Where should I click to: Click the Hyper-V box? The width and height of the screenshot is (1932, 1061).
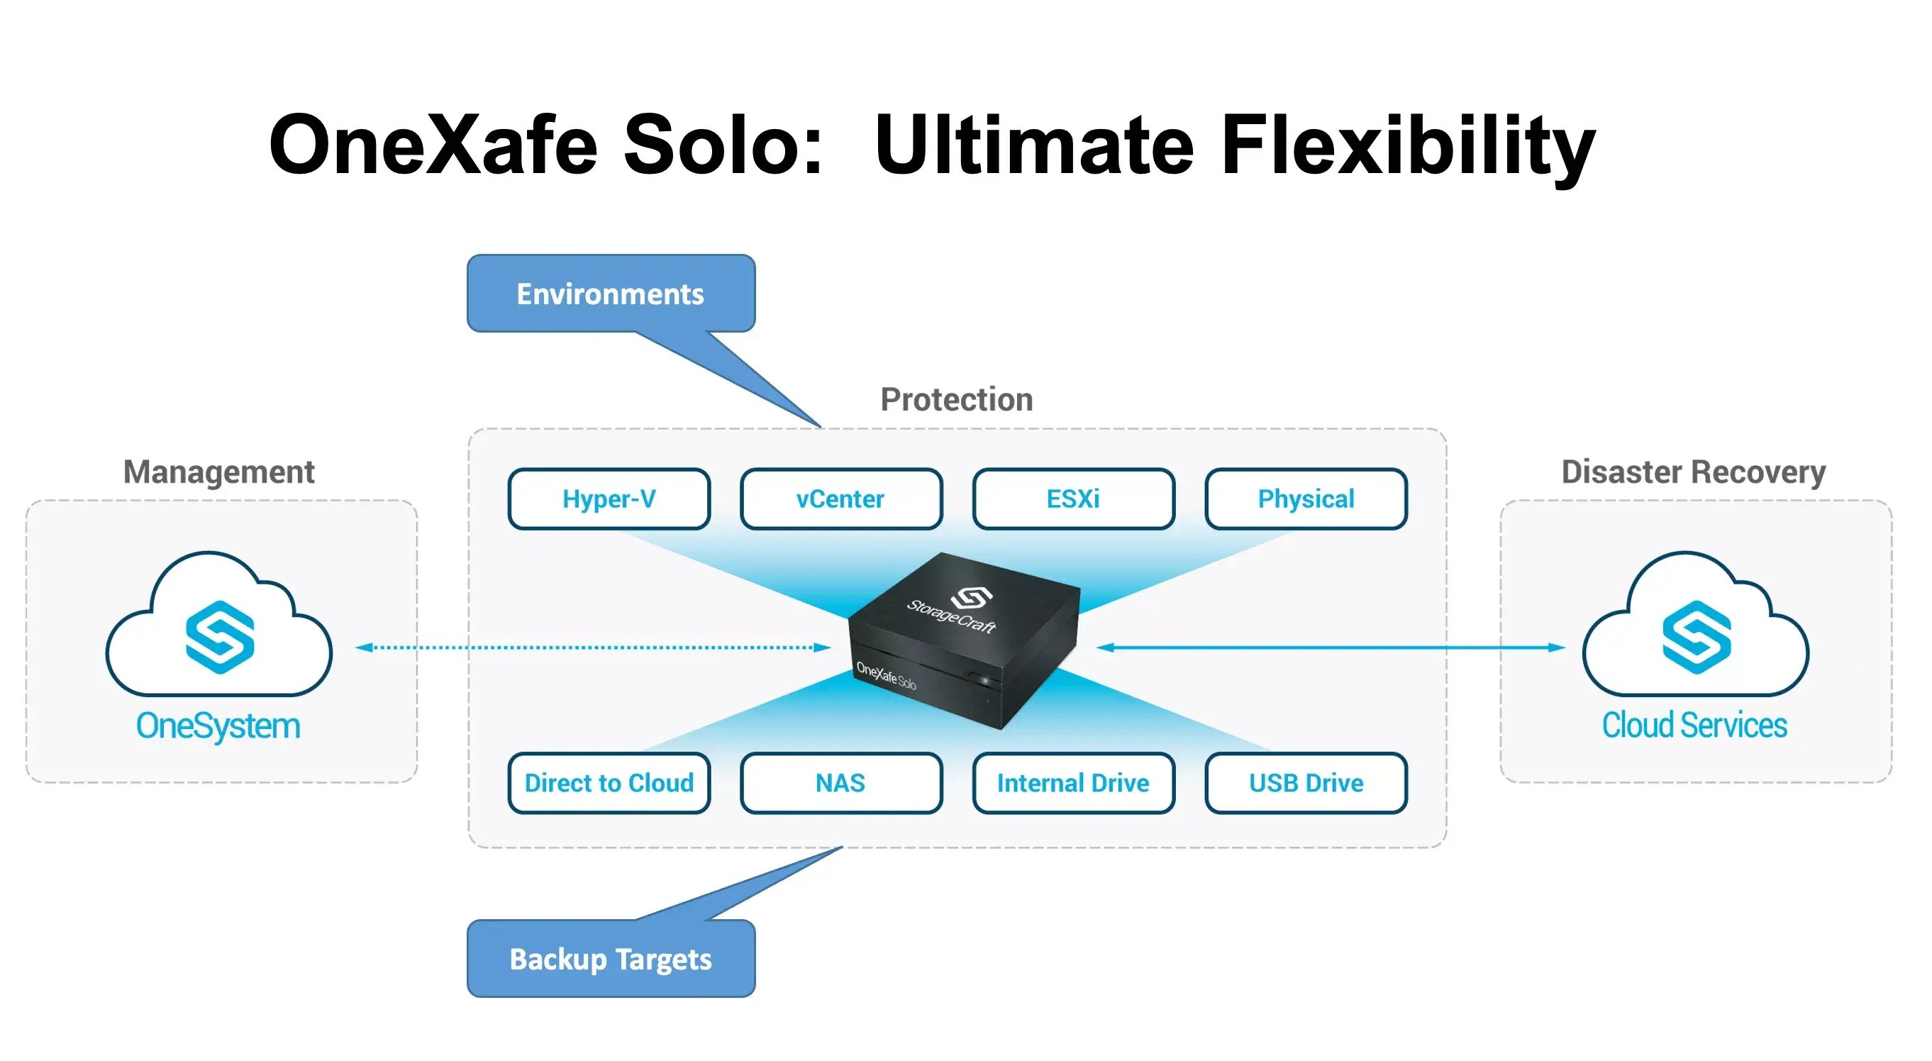coord(609,499)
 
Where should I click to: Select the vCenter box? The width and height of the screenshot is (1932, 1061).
coord(840,499)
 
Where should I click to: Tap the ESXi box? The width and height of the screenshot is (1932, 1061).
coord(1073,499)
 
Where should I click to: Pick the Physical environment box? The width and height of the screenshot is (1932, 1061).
coord(1306,499)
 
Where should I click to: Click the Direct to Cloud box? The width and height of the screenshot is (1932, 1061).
coord(609,783)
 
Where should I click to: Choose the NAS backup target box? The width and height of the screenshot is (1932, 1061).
coord(840,783)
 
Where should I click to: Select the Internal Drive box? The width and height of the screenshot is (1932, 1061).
coord(1073,783)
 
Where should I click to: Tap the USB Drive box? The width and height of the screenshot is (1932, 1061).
coord(1306,783)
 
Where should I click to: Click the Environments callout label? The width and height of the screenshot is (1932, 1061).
coord(611,294)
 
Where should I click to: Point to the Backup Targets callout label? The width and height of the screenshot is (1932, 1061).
coord(611,959)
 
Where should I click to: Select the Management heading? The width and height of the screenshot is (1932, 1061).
coord(219,472)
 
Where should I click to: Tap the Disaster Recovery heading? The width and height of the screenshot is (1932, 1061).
coord(1694,472)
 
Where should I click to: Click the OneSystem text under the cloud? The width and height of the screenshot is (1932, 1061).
coord(218,726)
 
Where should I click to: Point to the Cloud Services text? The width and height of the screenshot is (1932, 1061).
coord(1694,726)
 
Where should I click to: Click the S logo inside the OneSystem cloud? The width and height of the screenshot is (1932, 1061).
coord(220,638)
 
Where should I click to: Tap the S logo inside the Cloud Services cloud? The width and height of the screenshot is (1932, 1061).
coord(1697,638)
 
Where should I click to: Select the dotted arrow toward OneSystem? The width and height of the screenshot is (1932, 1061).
coord(592,647)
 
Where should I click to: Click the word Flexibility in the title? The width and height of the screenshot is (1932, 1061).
coord(1407,144)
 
